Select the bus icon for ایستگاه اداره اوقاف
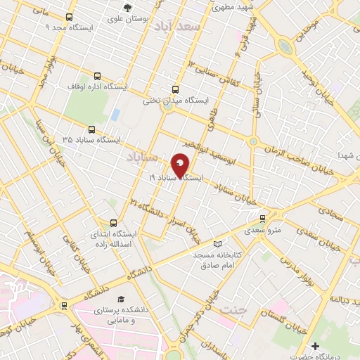pyautogui.click(x=96, y=77)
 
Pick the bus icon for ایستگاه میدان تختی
pyautogui.click(x=175, y=89)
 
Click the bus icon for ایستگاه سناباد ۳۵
pyautogui.click(x=91, y=129)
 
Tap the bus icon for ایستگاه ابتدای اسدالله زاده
pyautogui.click(x=113, y=221)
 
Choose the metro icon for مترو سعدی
pyautogui.click(x=262, y=219)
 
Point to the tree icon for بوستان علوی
pyautogui.click(x=127, y=8)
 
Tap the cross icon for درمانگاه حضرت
pyautogui.click(x=316, y=346)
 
